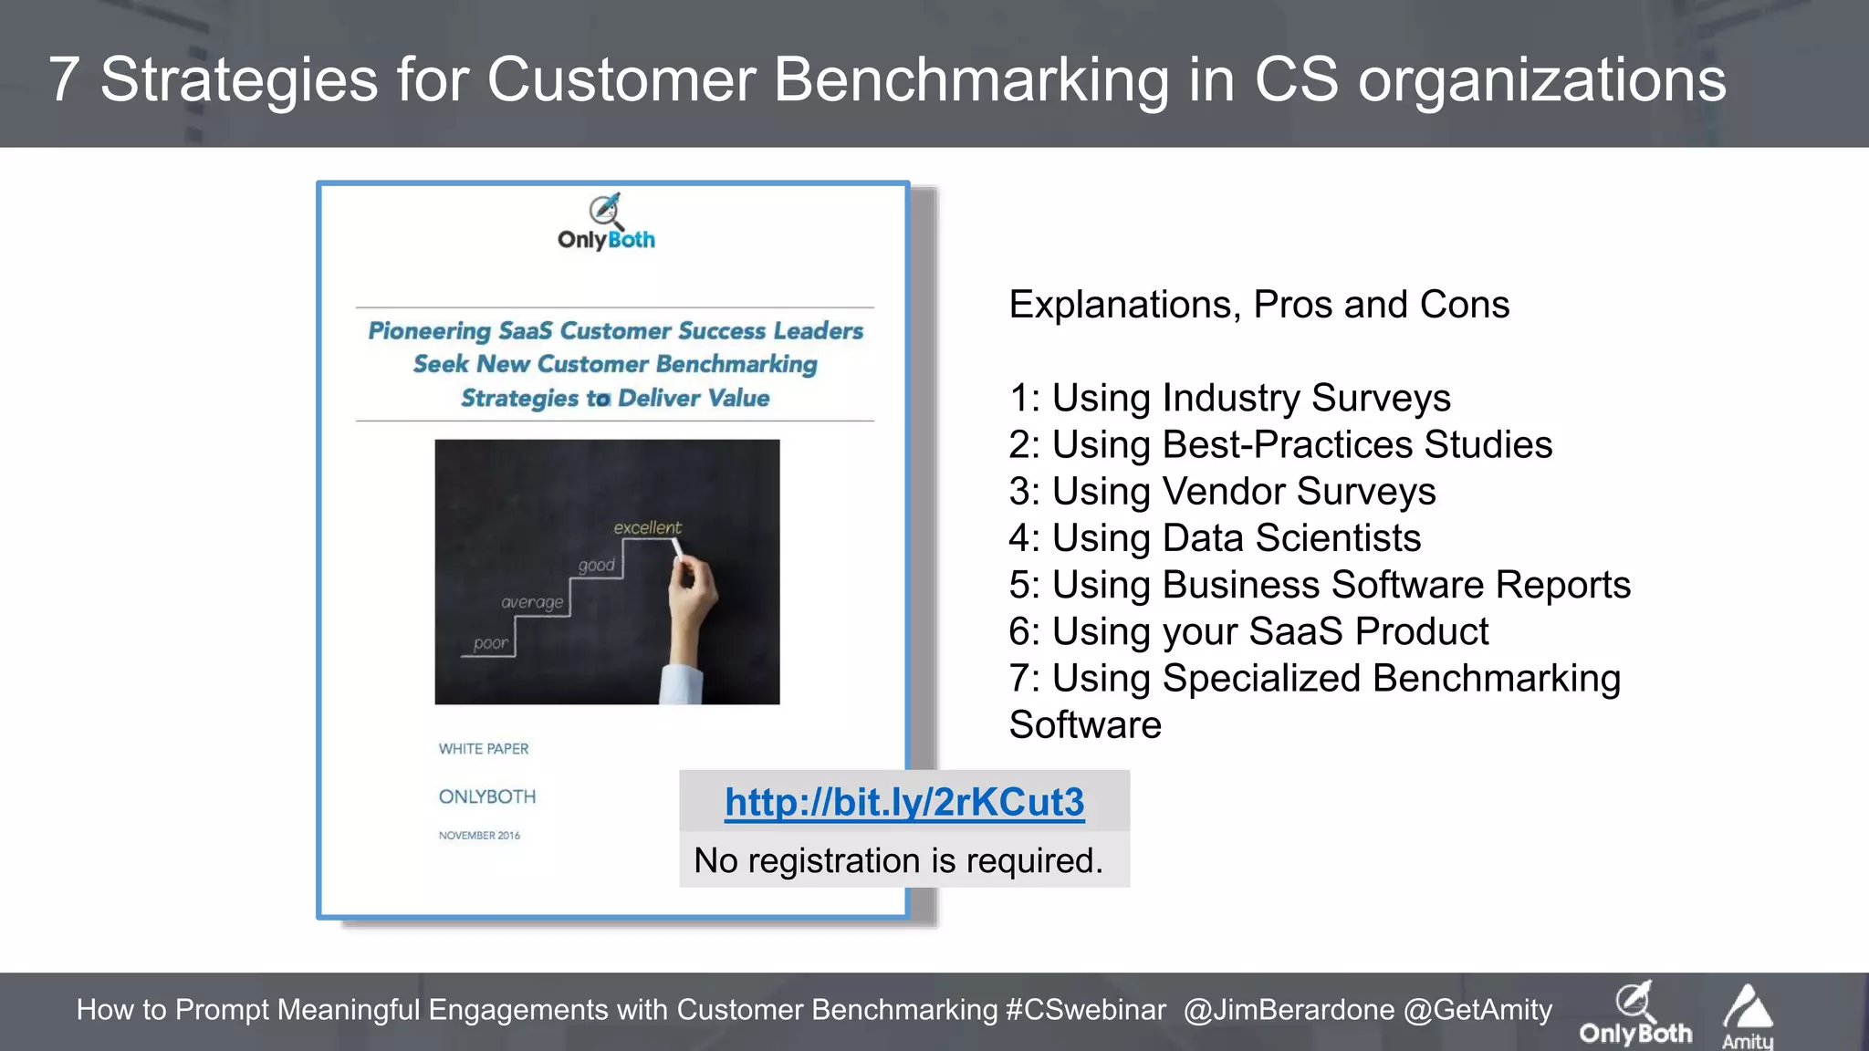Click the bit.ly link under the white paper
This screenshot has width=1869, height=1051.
pos(903,803)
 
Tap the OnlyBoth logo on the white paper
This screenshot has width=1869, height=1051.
pos(606,223)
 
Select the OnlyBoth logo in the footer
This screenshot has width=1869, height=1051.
pos(1635,1015)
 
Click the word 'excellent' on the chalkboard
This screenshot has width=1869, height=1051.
pos(647,527)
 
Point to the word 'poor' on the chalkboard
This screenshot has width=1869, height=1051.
pos(491,643)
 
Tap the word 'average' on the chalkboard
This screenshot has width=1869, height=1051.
pos(532,602)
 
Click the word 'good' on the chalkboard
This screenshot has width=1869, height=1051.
pos(596,565)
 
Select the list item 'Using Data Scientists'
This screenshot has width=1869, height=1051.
pos(1215,538)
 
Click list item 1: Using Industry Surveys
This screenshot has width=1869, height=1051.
pos(1229,398)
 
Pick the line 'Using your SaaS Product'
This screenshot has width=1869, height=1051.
pos(1248,631)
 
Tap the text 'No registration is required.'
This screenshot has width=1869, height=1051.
pos(898,860)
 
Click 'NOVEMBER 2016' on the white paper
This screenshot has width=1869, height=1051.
pos(479,835)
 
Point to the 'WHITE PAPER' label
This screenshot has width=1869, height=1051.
pos(484,748)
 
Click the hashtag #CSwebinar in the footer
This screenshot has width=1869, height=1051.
pos(1085,1010)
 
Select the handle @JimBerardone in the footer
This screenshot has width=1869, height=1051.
pos(1289,1010)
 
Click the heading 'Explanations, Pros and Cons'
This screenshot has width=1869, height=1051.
pos(1258,305)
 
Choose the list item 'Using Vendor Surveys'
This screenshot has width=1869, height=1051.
pos(1222,492)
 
